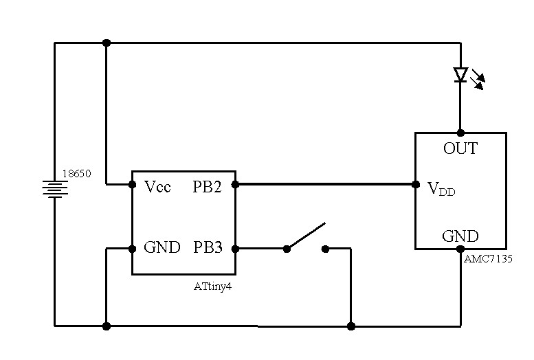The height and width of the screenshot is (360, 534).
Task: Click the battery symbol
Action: (55, 189)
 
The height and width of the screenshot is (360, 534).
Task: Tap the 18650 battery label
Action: (76, 174)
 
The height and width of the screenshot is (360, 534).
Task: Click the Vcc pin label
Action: (157, 187)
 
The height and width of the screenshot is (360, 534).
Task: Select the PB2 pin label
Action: (207, 187)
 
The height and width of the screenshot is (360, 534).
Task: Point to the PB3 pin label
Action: (208, 247)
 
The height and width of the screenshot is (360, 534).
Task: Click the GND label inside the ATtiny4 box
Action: (162, 247)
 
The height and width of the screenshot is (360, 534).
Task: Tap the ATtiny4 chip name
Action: (212, 286)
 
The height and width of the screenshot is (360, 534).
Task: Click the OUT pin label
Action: (460, 148)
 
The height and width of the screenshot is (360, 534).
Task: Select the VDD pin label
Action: (441, 189)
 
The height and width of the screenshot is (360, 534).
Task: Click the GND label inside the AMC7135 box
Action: (460, 236)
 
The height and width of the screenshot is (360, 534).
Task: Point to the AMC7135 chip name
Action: (488, 259)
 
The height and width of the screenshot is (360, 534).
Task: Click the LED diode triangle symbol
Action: (460, 75)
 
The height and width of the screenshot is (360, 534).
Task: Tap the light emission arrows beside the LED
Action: (478, 80)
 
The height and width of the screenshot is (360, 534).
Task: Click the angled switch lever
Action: (306, 236)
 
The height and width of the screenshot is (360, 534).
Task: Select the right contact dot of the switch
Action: (325, 249)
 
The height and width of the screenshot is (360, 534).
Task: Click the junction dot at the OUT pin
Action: (460, 133)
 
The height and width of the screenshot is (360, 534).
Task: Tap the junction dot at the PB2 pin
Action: (235, 185)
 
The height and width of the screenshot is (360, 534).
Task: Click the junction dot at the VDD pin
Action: (416, 185)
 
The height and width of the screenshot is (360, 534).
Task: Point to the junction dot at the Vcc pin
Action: (132, 185)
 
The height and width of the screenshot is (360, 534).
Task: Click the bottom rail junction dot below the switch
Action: (351, 326)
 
